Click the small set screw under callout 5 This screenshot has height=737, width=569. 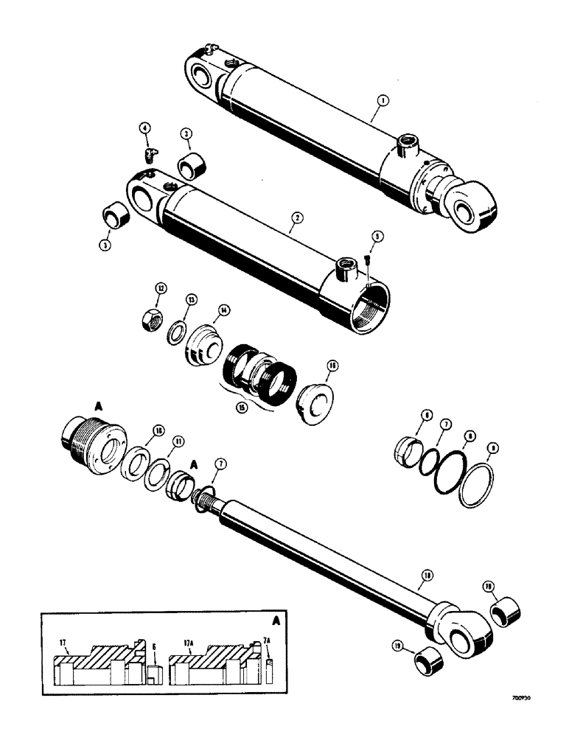[366, 261]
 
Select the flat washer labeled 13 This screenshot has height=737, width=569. [175, 330]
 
